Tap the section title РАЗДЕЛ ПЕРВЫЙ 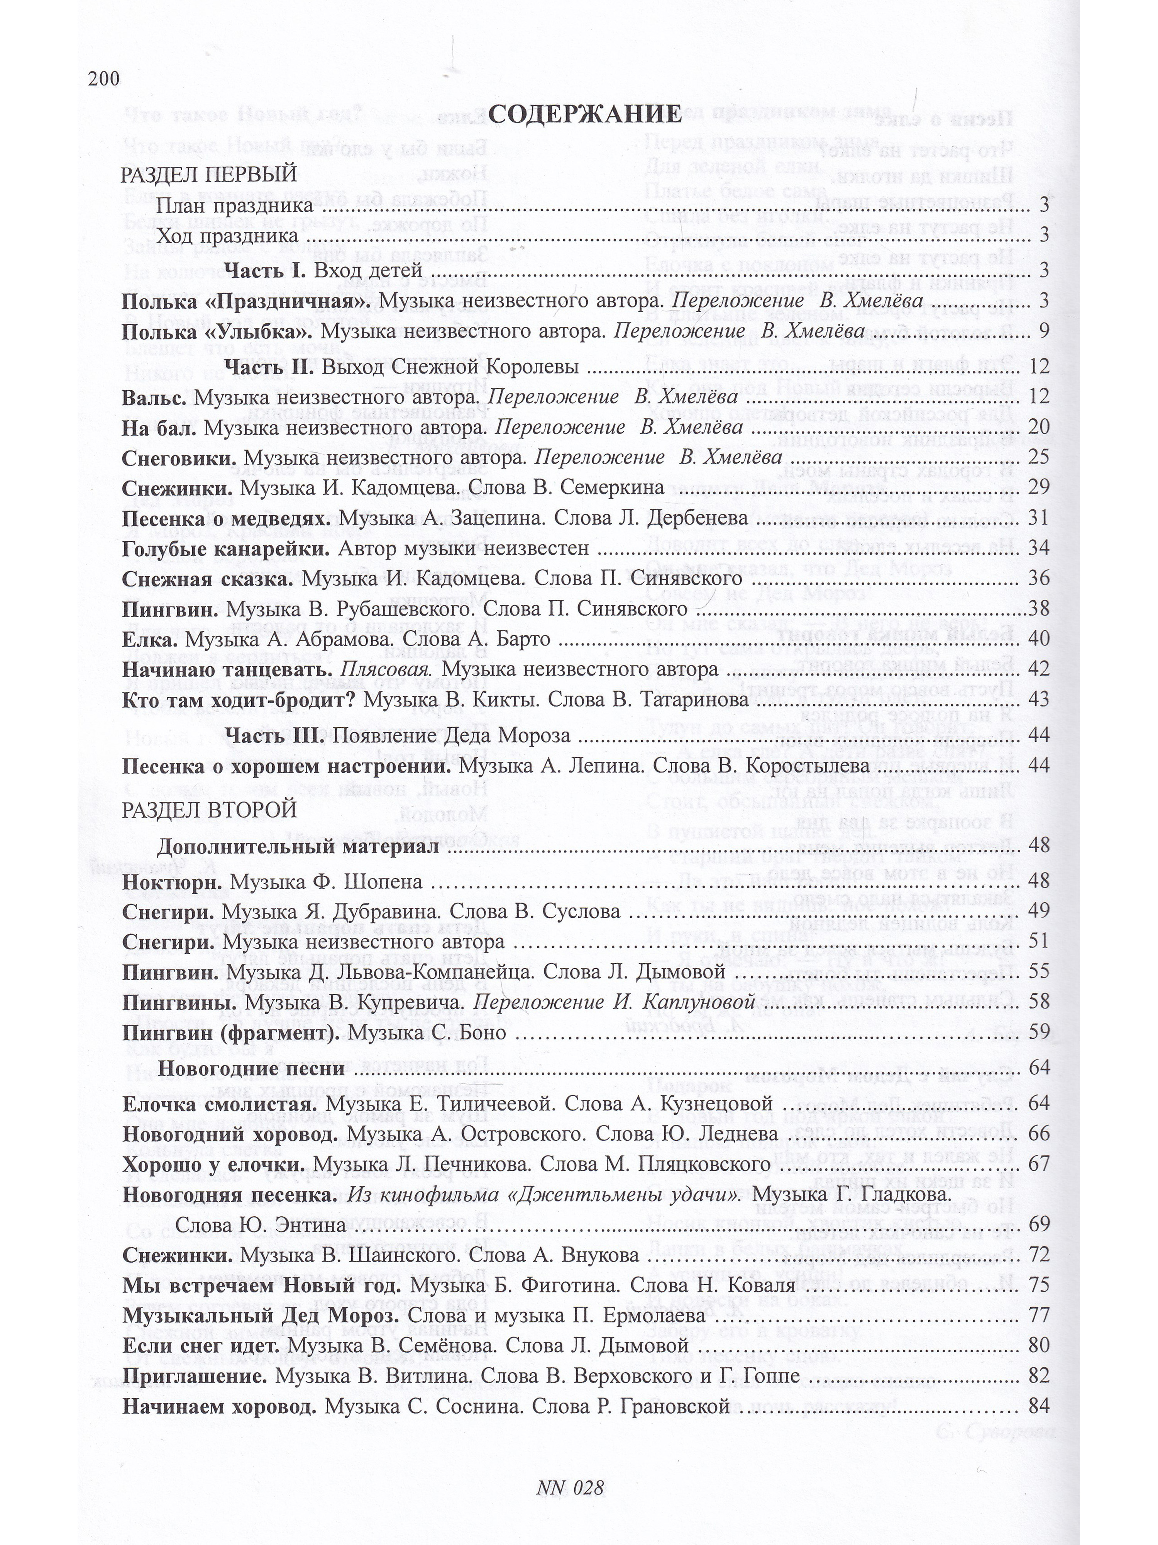[209, 174]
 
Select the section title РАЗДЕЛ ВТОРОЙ [209, 810]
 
